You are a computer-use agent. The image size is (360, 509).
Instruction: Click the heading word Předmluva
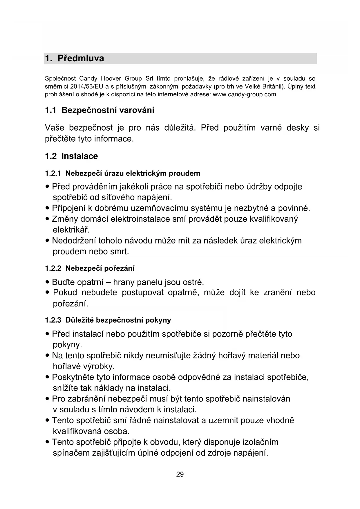(x=81, y=58)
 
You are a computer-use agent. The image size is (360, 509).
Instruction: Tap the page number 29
(x=180, y=474)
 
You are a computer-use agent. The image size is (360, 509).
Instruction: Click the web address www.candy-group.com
(x=244, y=94)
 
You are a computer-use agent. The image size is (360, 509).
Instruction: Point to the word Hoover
(x=111, y=79)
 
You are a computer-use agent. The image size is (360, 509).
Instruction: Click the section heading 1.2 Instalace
(x=71, y=156)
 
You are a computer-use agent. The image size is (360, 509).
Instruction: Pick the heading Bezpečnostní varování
(x=108, y=110)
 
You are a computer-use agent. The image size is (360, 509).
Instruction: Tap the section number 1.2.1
(x=53, y=174)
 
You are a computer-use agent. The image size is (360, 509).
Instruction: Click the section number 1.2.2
(x=53, y=268)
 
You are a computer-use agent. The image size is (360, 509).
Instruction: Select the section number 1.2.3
(x=53, y=320)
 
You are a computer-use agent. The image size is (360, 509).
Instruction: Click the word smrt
(x=120, y=251)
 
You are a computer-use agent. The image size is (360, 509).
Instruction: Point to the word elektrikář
(x=71, y=230)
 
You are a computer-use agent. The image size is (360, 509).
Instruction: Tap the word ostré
(x=193, y=282)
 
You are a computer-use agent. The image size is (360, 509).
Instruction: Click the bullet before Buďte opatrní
(x=47, y=282)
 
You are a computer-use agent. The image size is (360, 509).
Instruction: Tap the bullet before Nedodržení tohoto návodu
(x=47, y=241)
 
